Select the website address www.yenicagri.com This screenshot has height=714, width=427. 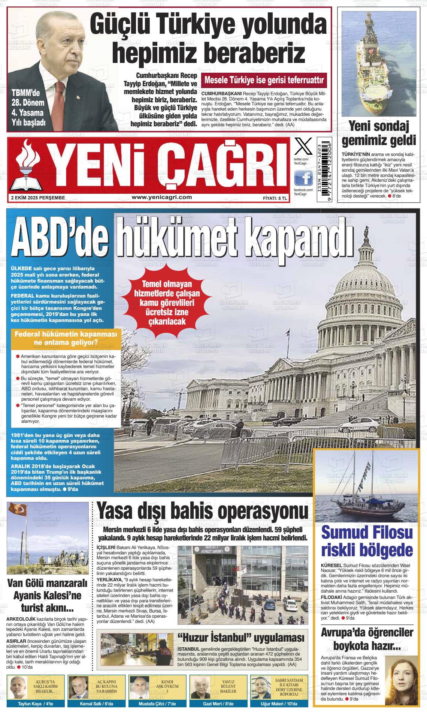tap(162, 197)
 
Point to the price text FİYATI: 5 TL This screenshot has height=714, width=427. tap(275, 198)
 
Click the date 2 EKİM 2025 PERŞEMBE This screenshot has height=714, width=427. tap(38, 198)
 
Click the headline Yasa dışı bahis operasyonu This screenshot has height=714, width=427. tap(202, 512)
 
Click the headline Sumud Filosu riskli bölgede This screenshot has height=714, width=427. tap(367, 542)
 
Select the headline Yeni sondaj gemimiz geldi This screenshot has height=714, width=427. tap(379, 133)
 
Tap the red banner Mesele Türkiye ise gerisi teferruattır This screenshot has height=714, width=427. tap(264, 80)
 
